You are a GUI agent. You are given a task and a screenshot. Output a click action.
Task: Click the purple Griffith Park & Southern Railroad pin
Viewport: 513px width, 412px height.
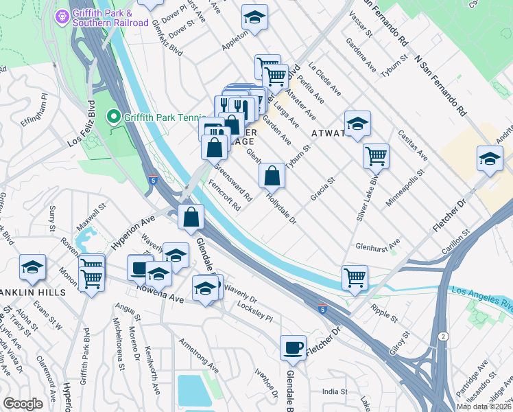[x=62, y=14]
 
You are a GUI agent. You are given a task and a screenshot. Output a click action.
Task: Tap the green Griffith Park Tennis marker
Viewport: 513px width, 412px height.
[x=115, y=117]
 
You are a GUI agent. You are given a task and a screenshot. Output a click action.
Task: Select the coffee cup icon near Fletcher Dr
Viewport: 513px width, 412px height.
[x=293, y=347]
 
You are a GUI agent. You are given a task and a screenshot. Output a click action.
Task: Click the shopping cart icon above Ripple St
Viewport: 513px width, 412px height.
[x=355, y=277]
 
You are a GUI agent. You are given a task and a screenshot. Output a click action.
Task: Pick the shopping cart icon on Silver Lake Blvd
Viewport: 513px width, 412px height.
[x=376, y=156]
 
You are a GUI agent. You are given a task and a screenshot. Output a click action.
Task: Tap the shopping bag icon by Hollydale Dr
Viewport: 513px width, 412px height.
[x=272, y=176]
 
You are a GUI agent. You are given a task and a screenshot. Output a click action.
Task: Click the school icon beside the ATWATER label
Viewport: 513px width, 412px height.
[x=357, y=124]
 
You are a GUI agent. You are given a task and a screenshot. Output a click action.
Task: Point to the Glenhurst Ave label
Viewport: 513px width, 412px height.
[x=377, y=245]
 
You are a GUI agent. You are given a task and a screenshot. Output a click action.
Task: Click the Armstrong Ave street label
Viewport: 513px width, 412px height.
[x=198, y=356]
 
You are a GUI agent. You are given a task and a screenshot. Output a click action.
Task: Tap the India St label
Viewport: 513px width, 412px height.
[x=336, y=391]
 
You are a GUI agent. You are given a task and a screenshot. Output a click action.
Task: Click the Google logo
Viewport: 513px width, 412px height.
[x=23, y=403]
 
